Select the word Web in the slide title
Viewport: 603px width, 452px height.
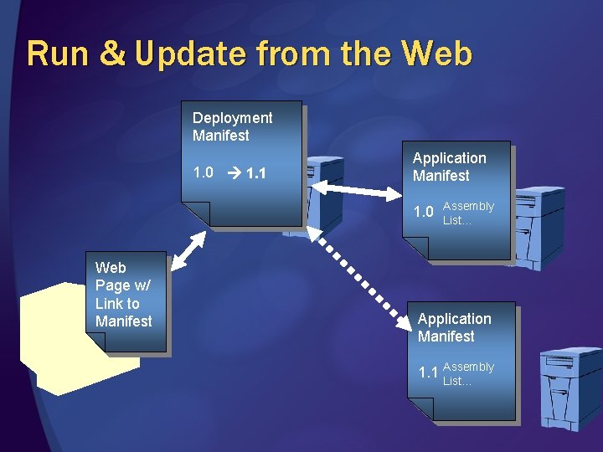point(436,54)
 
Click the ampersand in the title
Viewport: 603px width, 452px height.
point(111,54)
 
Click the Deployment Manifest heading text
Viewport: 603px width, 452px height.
point(232,126)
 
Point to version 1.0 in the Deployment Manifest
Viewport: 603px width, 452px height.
point(203,173)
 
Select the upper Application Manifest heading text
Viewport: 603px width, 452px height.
point(449,167)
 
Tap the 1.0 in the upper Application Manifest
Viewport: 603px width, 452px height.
point(424,212)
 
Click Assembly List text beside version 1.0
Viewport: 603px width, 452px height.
point(468,213)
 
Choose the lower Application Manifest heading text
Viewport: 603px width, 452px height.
point(454,327)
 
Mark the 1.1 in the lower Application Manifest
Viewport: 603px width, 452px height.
point(428,372)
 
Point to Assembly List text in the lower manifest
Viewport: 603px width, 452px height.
point(468,373)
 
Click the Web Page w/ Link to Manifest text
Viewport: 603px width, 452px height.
point(123,294)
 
